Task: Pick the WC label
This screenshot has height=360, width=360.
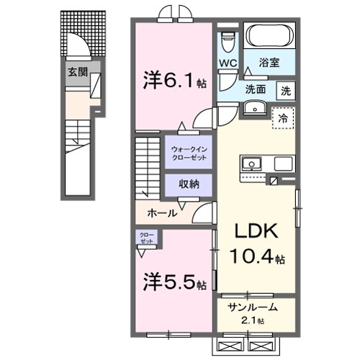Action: point(228,63)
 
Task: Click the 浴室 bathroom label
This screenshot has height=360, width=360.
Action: point(269,63)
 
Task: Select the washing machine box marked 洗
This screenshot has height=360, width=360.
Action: point(286,91)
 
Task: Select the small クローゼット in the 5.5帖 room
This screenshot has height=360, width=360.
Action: point(146,238)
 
